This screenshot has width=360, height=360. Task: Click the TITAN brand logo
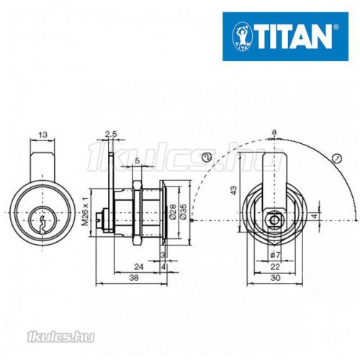[x=284, y=34]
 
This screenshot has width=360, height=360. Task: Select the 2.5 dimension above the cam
[x=110, y=134]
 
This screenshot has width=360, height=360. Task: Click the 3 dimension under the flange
[x=163, y=255]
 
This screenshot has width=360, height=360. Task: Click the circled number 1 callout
[x=336, y=158]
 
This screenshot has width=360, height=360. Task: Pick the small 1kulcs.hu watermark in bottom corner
[x=28, y=333]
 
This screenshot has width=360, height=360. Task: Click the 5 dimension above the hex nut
[x=138, y=161]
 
